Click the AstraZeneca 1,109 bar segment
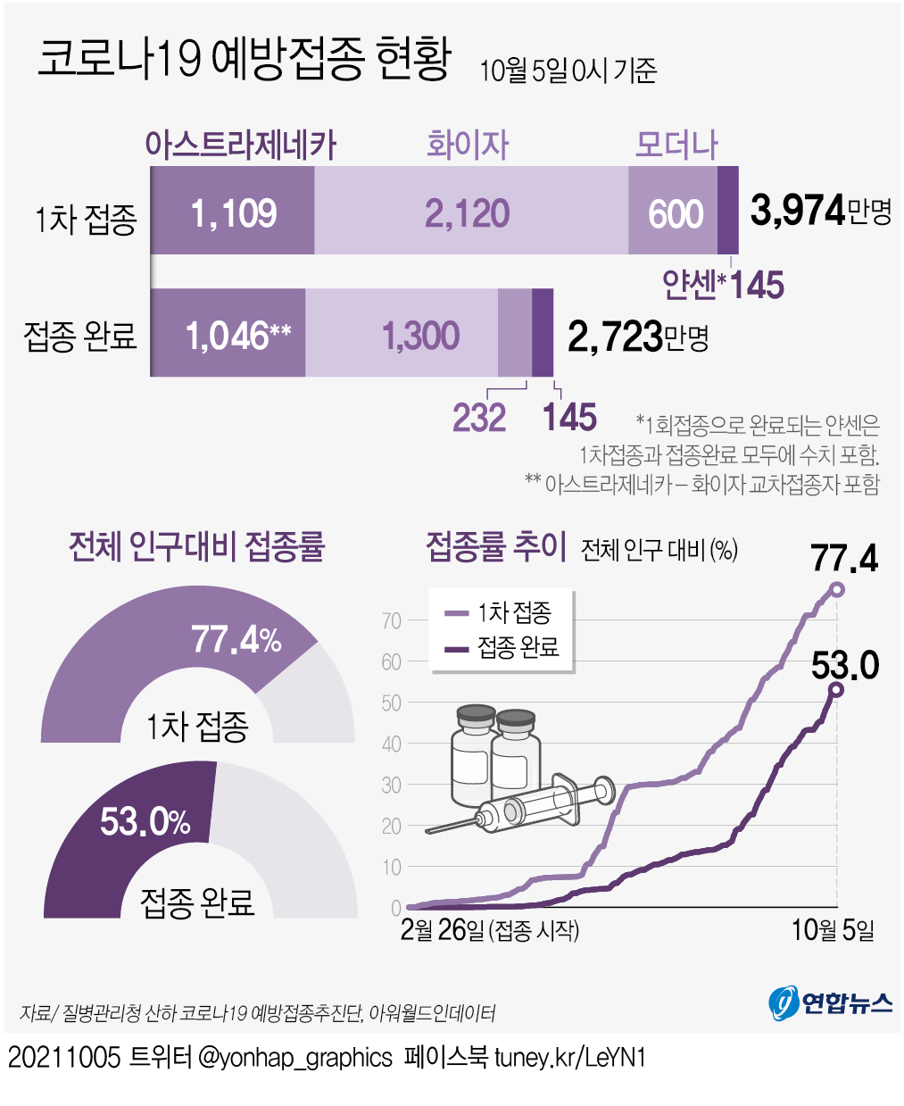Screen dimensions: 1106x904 point(233,212)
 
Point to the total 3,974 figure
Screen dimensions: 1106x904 point(798,211)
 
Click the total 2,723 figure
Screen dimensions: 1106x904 point(616,337)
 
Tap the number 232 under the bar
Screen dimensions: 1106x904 point(479,418)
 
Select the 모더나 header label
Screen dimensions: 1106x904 point(676,145)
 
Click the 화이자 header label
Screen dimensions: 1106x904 point(468,145)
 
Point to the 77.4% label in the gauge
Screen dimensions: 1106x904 point(236,640)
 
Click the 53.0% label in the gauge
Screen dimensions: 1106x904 point(145,821)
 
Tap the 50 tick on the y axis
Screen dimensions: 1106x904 point(391,703)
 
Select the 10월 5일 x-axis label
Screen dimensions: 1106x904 point(833,930)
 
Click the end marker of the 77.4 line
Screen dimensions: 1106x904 point(836,589)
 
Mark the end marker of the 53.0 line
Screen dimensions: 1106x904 point(836,689)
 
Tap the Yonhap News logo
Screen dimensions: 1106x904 point(830,1002)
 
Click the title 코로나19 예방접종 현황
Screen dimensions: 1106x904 point(244,61)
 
